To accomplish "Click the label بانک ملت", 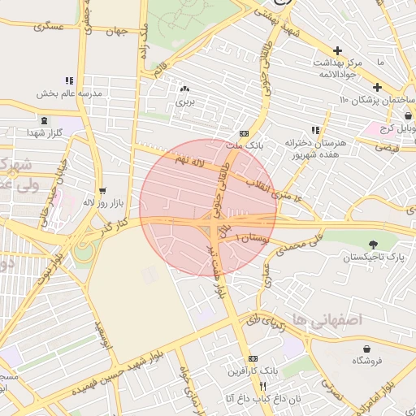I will [x=245, y=145].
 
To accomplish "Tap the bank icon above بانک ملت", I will [x=244, y=134].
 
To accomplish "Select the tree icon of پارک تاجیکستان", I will [x=373, y=245].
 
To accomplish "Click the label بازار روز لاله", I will [x=101, y=201].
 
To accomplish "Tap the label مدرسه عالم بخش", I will [x=71, y=93].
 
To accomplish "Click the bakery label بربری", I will [x=186, y=103].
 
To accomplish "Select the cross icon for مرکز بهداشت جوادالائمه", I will [x=337, y=50].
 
